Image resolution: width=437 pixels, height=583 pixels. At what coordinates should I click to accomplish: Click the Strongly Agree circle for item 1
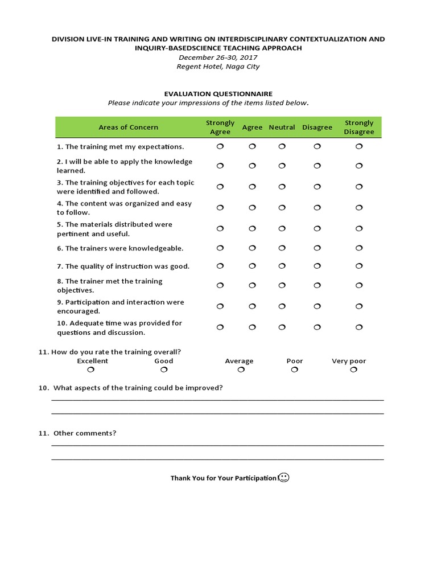[220, 146]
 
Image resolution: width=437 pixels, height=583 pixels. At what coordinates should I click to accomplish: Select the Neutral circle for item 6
[282, 248]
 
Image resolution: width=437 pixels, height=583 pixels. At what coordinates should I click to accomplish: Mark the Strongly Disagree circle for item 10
[359, 327]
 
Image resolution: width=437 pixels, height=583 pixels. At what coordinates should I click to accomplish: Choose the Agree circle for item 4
[252, 208]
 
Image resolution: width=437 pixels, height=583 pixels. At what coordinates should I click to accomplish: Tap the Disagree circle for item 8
[318, 286]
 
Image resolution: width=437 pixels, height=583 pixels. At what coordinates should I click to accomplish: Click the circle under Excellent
[91, 370]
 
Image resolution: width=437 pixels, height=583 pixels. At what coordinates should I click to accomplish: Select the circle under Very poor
[353, 370]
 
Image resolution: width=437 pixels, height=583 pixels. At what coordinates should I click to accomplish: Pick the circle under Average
[241, 370]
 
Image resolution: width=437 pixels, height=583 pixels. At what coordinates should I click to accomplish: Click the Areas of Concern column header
[129, 128]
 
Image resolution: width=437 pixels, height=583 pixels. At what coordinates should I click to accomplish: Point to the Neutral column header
[282, 128]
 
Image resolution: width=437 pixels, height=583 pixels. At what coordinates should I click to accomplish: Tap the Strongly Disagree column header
[359, 128]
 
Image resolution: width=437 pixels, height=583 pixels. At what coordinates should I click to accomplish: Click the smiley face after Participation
[285, 478]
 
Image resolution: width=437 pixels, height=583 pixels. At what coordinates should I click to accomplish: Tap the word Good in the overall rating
[164, 361]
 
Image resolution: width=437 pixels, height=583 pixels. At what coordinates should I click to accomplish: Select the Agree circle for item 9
[252, 307]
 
